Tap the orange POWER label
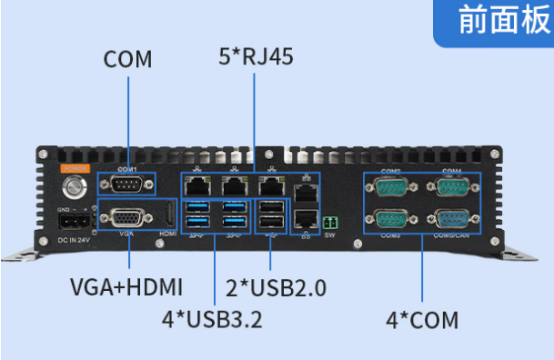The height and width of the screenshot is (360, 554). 73,168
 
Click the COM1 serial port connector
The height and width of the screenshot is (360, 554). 126,187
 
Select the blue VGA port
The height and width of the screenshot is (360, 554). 126,219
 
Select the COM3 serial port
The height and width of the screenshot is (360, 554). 391,220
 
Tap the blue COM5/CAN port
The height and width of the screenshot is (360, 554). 452,220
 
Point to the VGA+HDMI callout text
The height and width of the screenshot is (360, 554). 126,287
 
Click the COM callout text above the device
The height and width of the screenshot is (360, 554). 127,60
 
